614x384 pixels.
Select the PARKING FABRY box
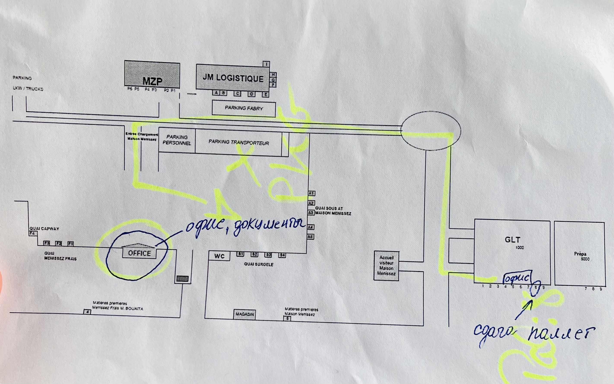244,108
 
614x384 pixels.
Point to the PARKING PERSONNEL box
177,140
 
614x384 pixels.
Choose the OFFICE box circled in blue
139,253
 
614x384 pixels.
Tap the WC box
219,256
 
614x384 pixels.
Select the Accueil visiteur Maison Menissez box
386,265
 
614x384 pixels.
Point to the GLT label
512,240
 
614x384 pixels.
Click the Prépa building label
580,254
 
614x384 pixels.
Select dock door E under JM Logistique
265,95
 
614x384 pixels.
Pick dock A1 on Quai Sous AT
311,193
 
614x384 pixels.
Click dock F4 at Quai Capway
32,233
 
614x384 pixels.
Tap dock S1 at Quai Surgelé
240,254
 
